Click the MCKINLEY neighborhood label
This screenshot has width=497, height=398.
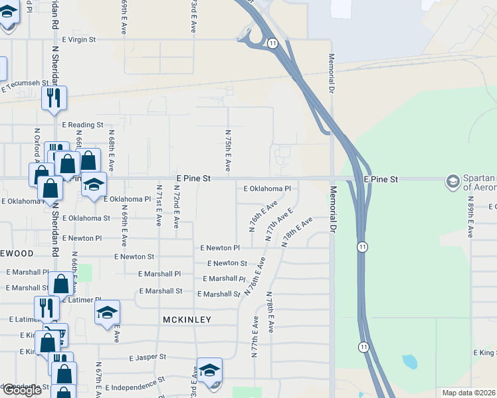[187, 320]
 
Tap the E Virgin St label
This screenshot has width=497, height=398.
[79, 40]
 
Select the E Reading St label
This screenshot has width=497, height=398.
[83, 125]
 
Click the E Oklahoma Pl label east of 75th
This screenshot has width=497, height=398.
[267, 188]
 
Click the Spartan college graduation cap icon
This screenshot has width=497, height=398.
[453, 181]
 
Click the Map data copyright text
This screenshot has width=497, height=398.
[468, 393]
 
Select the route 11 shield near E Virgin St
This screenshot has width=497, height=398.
[273, 42]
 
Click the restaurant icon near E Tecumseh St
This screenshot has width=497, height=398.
[53, 98]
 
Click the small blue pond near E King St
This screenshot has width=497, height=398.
[409, 362]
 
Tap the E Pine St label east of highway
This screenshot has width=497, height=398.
[381, 179]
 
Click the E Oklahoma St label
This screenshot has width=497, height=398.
[86, 218]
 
